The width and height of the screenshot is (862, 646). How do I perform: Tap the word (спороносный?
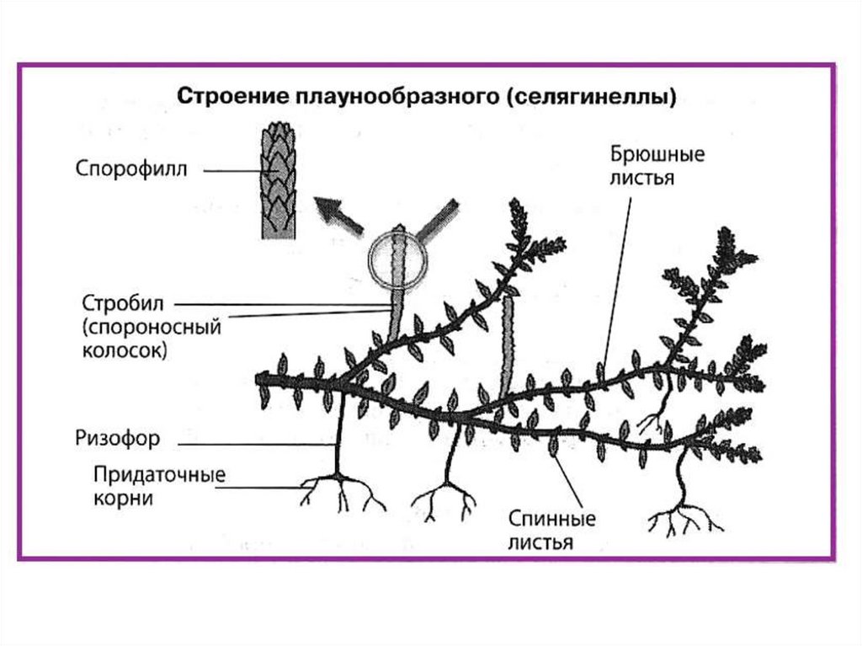coord(152,326)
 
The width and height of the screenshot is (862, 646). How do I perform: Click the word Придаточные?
coord(159,474)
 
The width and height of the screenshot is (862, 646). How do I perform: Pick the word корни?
coord(124,498)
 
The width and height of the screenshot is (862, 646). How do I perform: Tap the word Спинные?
coord(551,518)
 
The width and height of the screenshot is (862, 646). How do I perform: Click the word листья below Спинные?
coord(540,542)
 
